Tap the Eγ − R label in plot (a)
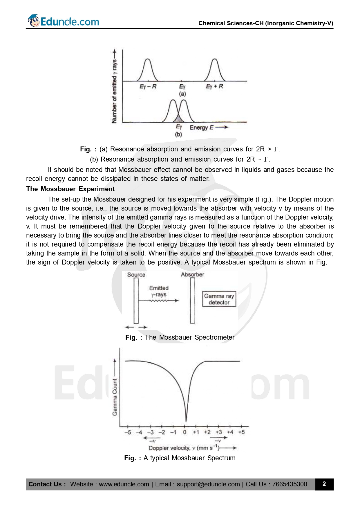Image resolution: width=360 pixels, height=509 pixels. (148, 86)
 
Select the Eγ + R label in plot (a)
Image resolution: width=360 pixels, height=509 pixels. (214, 86)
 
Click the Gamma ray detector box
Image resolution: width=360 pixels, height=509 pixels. (219, 299)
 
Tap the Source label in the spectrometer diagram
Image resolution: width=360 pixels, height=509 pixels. (136, 275)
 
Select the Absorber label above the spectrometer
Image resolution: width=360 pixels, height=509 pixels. (192, 274)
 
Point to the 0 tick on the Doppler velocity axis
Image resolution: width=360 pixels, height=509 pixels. (184, 432)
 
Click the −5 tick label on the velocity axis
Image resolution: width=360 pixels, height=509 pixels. (128, 432)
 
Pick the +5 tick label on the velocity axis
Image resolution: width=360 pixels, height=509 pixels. (241, 432)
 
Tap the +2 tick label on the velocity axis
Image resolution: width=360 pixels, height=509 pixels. (207, 432)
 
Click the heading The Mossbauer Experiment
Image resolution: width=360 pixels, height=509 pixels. (70, 189)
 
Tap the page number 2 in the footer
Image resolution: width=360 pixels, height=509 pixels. (324, 484)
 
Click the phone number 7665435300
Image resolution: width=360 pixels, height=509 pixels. (290, 484)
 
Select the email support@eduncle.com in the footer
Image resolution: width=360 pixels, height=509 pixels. (208, 484)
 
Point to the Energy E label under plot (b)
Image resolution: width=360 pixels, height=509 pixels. (201, 128)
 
